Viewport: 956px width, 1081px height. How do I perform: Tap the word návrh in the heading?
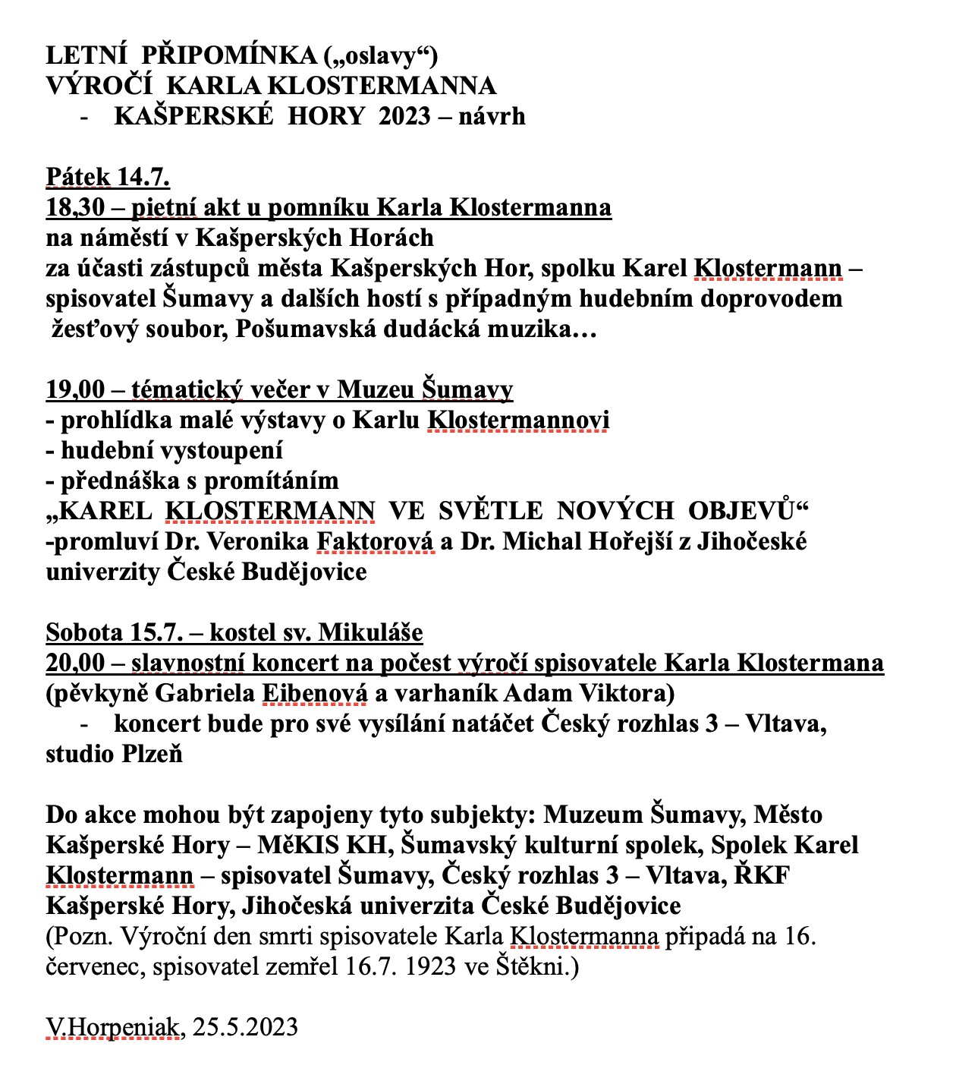492,116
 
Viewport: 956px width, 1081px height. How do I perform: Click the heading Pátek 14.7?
108,177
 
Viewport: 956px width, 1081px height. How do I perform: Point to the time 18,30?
75,207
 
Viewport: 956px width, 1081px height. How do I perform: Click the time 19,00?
75,389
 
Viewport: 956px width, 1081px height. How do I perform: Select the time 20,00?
75,663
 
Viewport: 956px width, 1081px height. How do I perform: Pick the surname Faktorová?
375,541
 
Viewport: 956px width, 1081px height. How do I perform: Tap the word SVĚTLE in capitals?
490,511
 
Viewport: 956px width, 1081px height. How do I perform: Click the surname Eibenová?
314,693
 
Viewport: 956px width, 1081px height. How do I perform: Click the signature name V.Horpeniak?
113,1027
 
